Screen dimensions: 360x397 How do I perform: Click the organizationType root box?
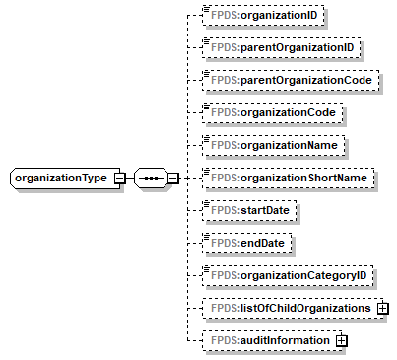pyautogui.click(x=60, y=178)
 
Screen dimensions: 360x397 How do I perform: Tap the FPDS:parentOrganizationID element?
pyautogui.click(x=276, y=48)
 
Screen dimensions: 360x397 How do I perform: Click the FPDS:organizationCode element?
pyautogui.click(x=269, y=112)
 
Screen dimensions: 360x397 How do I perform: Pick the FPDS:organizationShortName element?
pyautogui.click(x=285, y=178)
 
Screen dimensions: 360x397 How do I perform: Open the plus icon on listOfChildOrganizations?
pyautogui.click(x=383, y=308)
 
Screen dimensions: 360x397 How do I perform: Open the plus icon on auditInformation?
pyautogui.click(x=343, y=340)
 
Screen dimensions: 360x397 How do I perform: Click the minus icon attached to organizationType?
pyautogui.click(x=119, y=178)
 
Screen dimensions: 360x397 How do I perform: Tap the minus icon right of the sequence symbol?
pyautogui.click(x=172, y=178)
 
